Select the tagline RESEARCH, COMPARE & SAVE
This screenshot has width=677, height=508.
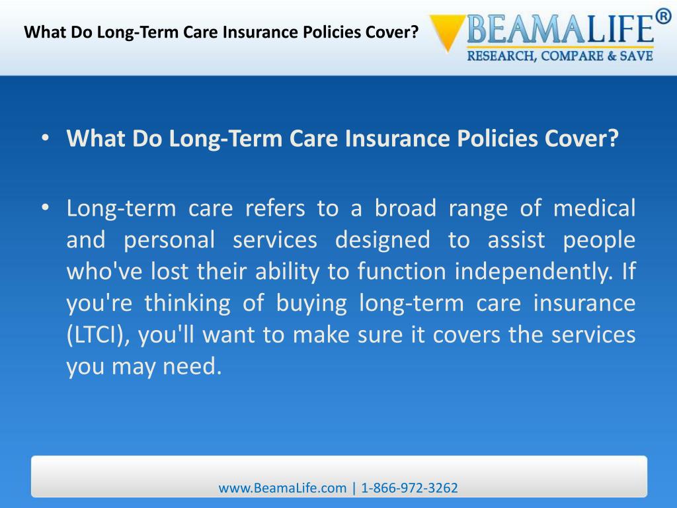(x=560, y=56)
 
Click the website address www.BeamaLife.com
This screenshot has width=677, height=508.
(x=282, y=488)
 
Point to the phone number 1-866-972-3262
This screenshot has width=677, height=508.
(x=410, y=488)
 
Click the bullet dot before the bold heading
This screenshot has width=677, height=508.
(x=44, y=140)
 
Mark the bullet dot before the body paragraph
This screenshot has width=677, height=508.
(x=44, y=208)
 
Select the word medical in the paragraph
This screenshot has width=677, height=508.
(x=594, y=208)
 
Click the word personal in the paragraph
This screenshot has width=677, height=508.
(x=169, y=239)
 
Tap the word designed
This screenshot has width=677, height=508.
(x=382, y=239)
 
